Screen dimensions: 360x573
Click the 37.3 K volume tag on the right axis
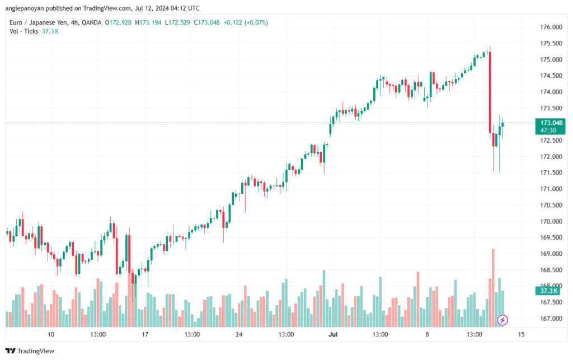tap(547, 291)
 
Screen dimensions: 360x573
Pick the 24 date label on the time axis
tap(238, 334)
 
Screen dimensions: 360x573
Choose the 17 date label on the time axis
tap(145, 334)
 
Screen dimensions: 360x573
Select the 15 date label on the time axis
tap(521, 334)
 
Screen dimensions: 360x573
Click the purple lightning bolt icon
tap(502, 320)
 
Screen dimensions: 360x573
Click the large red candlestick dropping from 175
tap(490, 92)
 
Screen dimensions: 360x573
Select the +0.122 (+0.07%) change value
tap(246, 22)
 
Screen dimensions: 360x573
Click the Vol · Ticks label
tap(24, 31)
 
